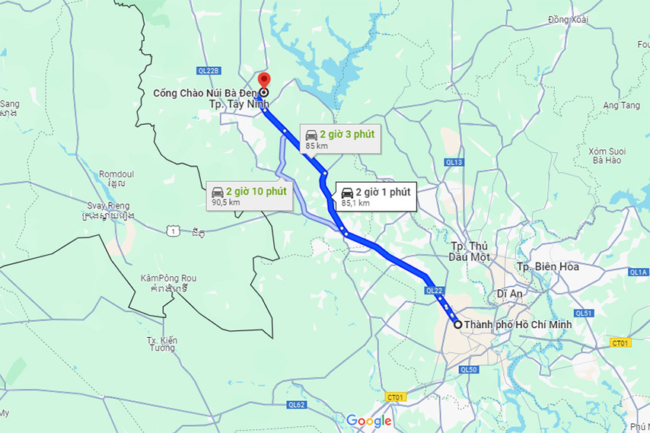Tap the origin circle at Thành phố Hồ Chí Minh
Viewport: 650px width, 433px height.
point(457,325)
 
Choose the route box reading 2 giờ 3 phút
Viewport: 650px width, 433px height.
point(339,138)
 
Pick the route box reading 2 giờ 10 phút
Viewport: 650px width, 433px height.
point(249,196)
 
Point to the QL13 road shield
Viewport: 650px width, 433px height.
point(454,162)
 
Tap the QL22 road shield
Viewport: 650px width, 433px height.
point(434,290)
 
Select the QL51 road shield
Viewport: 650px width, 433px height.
point(584,313)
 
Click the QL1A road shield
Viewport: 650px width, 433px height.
point(638,272)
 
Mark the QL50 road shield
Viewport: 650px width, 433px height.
point(467,370)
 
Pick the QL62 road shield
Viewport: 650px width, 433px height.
point(296,405)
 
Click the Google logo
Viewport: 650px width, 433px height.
point(369,421)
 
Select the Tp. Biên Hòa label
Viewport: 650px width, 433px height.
point(547,267)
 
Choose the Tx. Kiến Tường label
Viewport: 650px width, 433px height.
point(161,343)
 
